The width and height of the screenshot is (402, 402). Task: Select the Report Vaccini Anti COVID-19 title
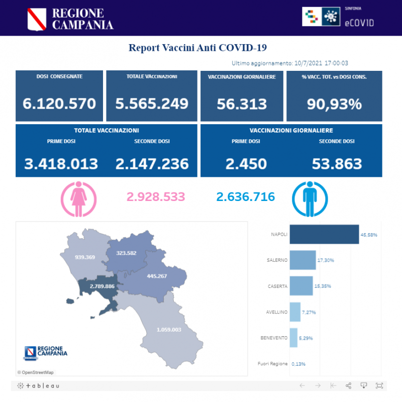point(197,48)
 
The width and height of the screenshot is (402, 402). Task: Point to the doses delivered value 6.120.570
point(59,104)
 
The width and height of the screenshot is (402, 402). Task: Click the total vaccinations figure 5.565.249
point(152,104)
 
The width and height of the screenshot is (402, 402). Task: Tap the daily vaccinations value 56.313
point(242,104)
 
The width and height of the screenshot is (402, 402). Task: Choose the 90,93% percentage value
point(334,104)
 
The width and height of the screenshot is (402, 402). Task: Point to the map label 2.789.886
point(102,286)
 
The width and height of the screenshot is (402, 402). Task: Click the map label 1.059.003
point(168,330)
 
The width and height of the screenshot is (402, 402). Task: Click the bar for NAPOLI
point(324,234)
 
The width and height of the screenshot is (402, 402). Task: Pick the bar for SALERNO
point(303,260)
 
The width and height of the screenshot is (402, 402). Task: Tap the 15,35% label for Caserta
point(324,286)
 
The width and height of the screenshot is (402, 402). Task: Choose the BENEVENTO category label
point(274,338)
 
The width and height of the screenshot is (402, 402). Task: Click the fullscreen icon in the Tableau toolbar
point(379,385)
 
